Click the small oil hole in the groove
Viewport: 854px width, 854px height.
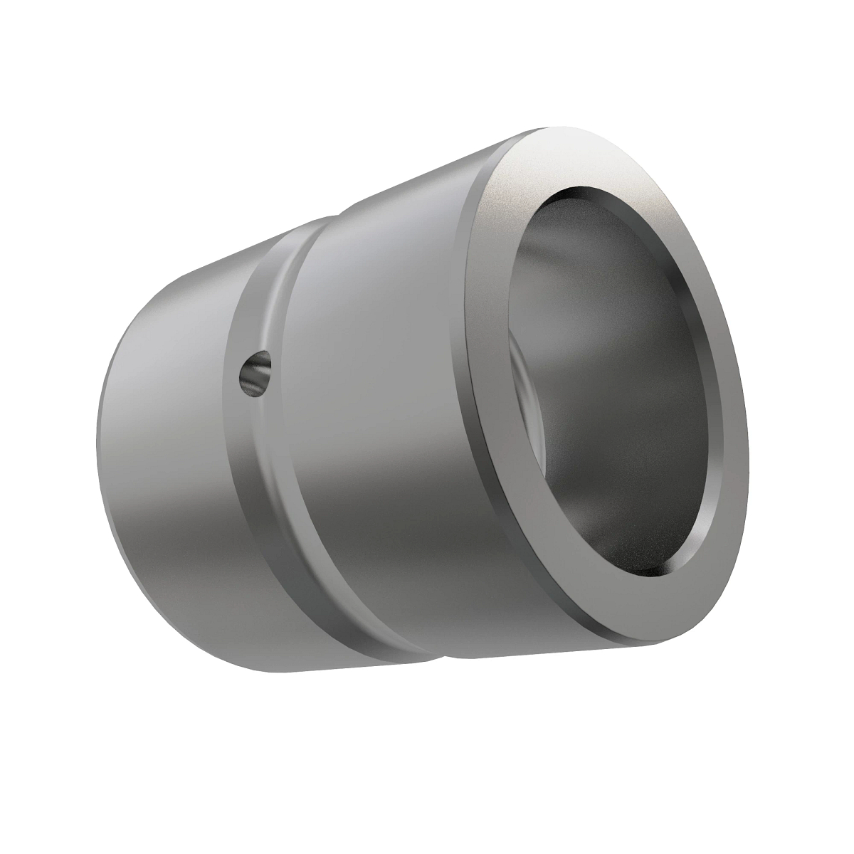point(255,371)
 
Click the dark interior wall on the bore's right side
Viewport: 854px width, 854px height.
point(669,384)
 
